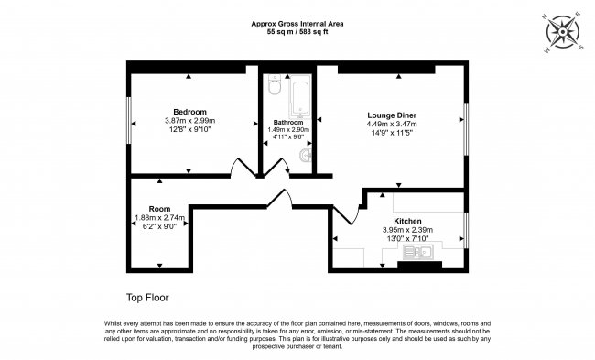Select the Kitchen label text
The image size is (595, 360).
click(407, 222)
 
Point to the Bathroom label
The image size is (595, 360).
click(288, 122)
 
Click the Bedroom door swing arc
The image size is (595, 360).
click(240, 169)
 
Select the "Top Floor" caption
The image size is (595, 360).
click(147, 298)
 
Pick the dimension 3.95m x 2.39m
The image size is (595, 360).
click(407, 230)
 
